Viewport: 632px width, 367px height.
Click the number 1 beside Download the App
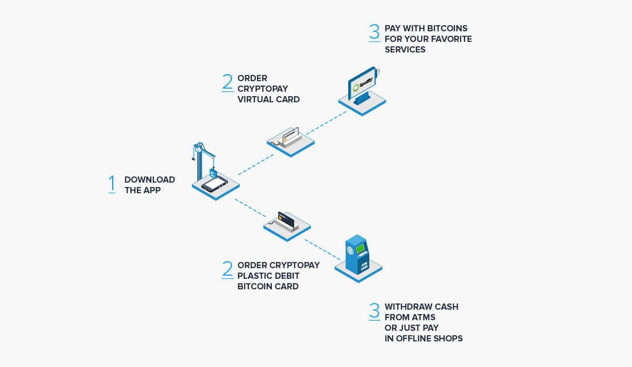(112, 183)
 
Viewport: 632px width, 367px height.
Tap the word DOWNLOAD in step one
(150, 180)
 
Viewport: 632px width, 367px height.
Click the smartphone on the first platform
(214, 184)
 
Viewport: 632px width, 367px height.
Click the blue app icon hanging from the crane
(213, 173)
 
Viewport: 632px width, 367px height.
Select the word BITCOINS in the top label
(447, 29)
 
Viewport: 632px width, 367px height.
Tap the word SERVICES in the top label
(405, 50)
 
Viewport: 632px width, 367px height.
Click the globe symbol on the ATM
(350, 251)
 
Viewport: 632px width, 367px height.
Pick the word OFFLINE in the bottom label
(415, 339)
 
